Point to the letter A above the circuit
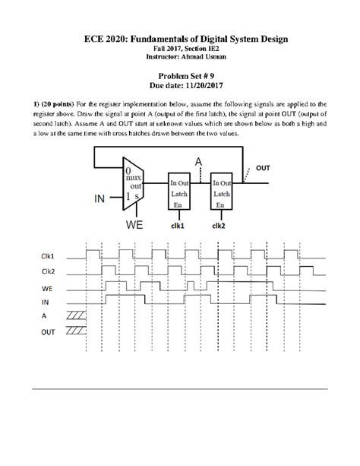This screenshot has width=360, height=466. (199, 162)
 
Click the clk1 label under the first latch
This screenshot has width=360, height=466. (179, 225)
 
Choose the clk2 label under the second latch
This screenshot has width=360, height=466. (222, 225)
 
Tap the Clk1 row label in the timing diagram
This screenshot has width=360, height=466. (49, 257)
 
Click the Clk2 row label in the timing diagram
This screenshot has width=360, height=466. (49, 272)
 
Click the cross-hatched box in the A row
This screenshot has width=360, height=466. (76, 315)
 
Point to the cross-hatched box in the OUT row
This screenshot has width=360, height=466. (76, 330)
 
